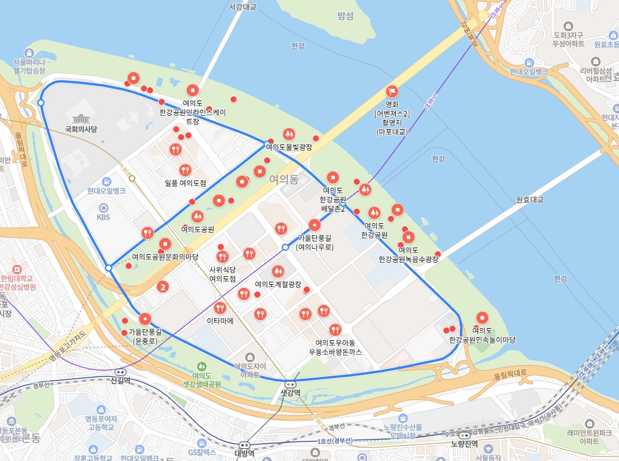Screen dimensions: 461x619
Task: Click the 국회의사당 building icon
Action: point(81,118)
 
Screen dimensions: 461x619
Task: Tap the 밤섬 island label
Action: point(345,16)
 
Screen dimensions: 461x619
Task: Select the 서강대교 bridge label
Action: point(243,7)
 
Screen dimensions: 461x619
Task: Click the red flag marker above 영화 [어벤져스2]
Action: point(392,92)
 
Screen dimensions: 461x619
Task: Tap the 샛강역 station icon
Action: point(290,384)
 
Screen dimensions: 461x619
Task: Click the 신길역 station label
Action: point(121,381)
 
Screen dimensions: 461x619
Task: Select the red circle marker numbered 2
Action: point(163,286)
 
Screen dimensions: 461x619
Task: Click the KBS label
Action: point(104,216)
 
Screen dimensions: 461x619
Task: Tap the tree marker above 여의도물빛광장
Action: point(288,134)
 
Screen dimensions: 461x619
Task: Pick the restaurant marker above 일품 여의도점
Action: point(185,170)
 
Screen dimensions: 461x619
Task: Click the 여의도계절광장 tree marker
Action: point(278,271)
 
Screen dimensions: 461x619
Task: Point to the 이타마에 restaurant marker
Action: point(220,307)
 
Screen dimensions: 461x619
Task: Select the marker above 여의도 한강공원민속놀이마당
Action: point(482,318)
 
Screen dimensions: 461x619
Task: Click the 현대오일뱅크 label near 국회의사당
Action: point(106,191)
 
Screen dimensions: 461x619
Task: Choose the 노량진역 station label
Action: point(464,444)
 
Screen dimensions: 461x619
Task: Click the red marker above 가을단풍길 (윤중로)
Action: point(145,318)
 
